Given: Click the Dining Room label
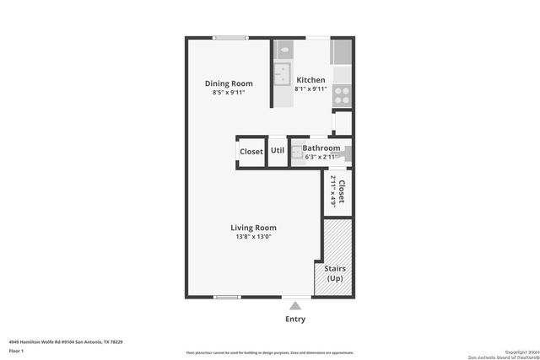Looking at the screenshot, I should click(229, 83).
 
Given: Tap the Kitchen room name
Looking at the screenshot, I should click(310, 80).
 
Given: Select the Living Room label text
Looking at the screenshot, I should click(253, 228).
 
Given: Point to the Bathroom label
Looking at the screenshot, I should click(321, 148).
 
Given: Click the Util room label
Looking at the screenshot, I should click(278, 152).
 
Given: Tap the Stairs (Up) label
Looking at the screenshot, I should click(335, 273).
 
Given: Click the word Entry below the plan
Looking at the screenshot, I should click(295, 320).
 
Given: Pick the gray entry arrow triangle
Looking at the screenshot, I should click(295, 305).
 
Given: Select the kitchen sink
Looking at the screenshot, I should click(282, 75).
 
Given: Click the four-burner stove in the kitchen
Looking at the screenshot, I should click(343, 94).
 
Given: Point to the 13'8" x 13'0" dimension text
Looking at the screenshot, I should click(253, 237).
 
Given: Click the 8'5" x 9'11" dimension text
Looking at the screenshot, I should click(229, 92).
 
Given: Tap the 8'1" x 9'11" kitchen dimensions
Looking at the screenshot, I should click(310, 89).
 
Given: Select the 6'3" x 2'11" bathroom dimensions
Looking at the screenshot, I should click(321, 157).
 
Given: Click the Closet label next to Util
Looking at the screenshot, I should click(251, 152).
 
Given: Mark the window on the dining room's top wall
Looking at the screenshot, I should click(229, 37).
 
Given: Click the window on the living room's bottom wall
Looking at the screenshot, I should click(226, 297).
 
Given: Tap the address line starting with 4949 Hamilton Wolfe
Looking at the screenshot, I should click(66, 341).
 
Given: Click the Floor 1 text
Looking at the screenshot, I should click(17, 350).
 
